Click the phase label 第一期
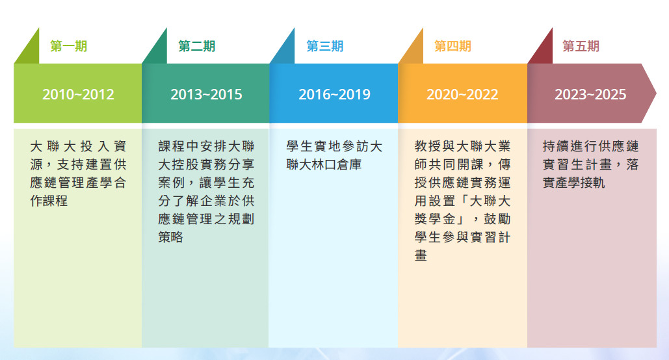click(x=69, y=46)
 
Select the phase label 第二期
click(x=197, y=46)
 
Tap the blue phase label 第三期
click(x=324, y=46)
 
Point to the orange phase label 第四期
click(x=453, y=46)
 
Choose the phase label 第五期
click(x=581, y=46)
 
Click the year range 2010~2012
click(x=78, y=94)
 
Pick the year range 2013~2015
click(x=206, y=94)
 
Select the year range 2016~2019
click(x=334, y=94)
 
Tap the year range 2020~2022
click(x=462, y=94)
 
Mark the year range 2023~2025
click(x=590, y=94)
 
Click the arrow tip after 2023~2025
click(x=656, y=94)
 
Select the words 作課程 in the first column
click(x=49, y=201)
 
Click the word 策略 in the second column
click(x=170, y=237)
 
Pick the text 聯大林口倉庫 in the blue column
click(x=324, y=164)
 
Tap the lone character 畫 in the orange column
click(x=421, y=255)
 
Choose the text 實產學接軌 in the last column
click(x=574, y=183)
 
